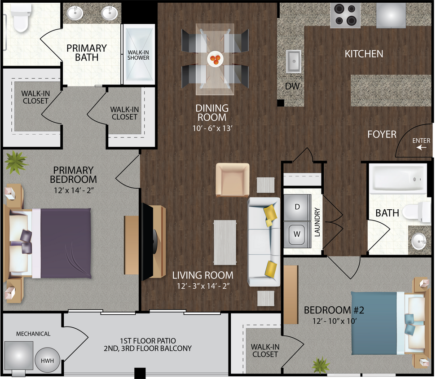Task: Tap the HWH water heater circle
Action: [x=47, y=360]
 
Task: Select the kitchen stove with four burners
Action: [x=345, y=15]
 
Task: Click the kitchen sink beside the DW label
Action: [x=294, y=61]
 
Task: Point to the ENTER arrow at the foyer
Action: [x=421, y=147]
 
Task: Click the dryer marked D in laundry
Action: [x=296, y=207]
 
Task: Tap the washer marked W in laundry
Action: [x=296, y=234]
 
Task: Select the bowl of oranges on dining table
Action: [x=215, y=58]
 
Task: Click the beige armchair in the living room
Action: [x=233, y=180]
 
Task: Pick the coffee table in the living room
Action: [x=225, y=242]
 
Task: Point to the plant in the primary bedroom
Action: [x=16, y=162]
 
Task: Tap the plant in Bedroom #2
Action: [x=321, y=365]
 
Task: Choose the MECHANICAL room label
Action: [x=33, y=334]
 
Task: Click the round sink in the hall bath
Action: [x=419, y=242]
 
